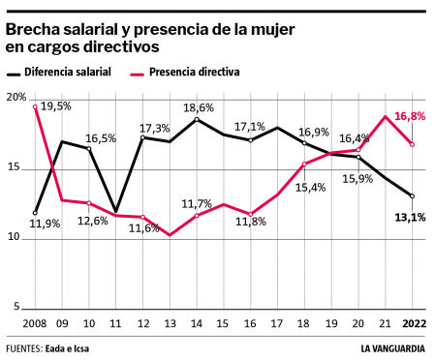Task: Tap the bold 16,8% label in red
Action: click(x=408, y=115)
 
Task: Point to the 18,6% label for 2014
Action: click(x=198, y=107)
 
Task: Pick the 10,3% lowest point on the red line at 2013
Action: click(x=170, y=235)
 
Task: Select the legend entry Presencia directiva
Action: click(x=191, y=72)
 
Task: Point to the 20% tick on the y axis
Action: click(x=16, y=98)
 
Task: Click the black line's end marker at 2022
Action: click(x=413, y=196)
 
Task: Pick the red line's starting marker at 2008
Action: click(x=35, y=106)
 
